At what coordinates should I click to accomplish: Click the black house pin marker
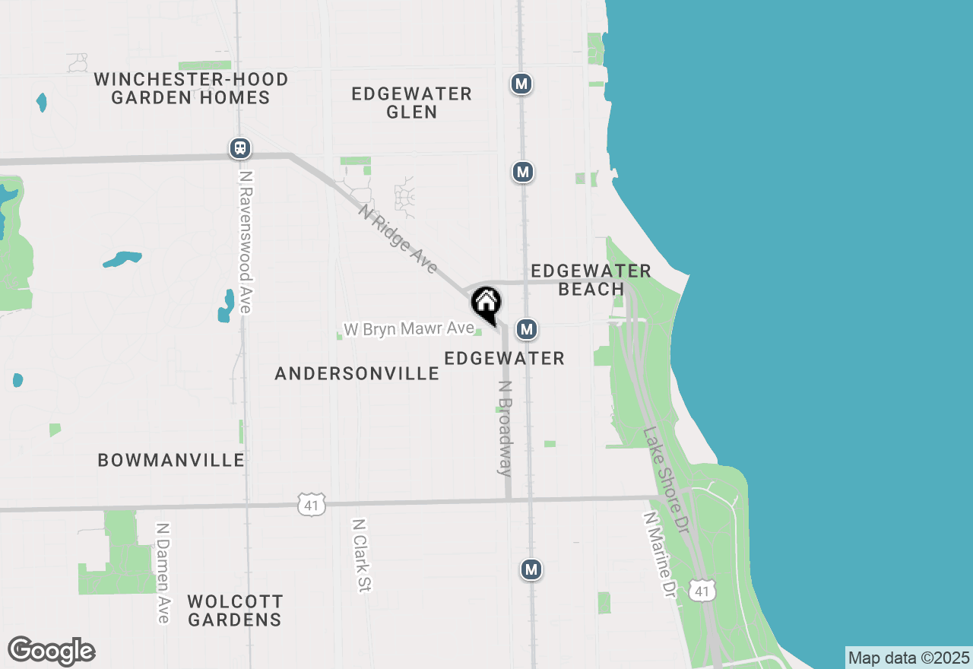[x=486, y=304]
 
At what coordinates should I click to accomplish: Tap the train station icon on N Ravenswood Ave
[x=240, y=148]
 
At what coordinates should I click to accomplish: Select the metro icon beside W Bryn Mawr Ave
[x=527, y=329]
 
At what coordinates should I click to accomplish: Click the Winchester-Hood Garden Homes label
[x=191, y=88]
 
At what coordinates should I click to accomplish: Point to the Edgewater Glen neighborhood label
[x=411, y=103]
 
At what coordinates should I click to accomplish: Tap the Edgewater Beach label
[x=591, y=280]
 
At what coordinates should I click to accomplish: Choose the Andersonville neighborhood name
[x=357, y=373]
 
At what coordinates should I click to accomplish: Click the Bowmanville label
[x=171, y=460]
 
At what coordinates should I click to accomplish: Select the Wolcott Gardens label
[x=235, y=610]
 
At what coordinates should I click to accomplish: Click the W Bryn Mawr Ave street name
[x=409, y=330]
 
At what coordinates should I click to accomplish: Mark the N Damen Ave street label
[x=162, y=572]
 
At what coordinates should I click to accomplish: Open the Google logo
[x=52, y=652]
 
